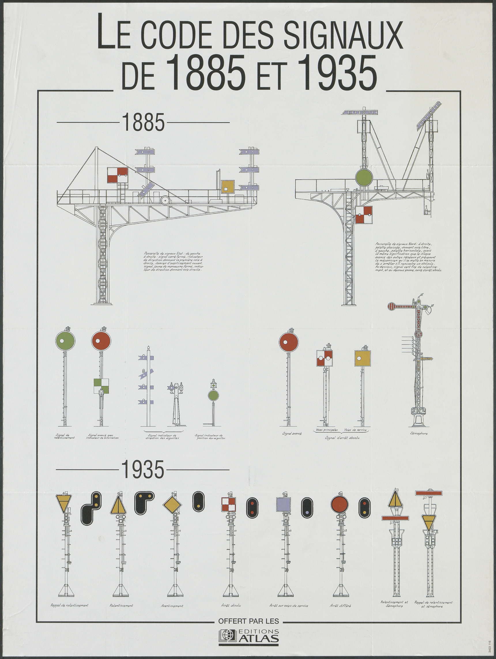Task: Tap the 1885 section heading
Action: pyautogui.click(x=143, y=123)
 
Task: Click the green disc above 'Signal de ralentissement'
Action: pyautogui.click(x=65, y=341)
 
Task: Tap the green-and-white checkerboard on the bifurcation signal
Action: pyautogui.click(x=101, y=386)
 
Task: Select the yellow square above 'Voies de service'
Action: pyautogui.click(x=363, y=358)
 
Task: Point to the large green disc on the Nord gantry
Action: pyautogui.click(x=364, y=178)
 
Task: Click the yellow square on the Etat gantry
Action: pyautogui.click(x=228, y=187)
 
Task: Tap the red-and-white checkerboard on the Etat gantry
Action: pyautogui.click(x=118, y=175)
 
